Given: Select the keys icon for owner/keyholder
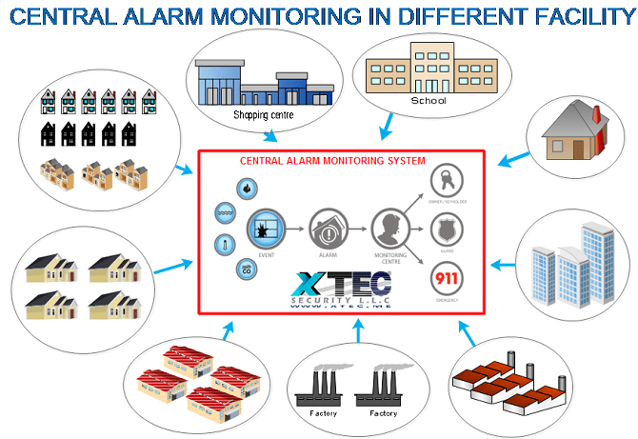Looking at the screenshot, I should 447,180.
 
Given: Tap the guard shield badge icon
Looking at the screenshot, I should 447,229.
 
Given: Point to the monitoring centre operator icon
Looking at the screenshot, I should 389,229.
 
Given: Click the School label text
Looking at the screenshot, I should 428,100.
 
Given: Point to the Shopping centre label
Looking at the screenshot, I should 264,115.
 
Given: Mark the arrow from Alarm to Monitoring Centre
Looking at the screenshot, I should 357,230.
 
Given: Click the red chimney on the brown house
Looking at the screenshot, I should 598,120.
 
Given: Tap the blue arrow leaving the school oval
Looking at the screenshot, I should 387,129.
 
